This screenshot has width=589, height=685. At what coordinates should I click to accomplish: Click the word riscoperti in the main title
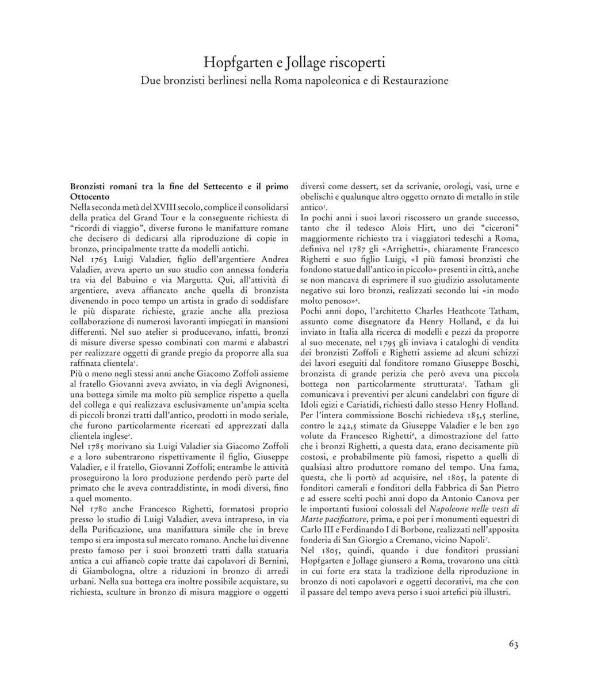tap(352, 62)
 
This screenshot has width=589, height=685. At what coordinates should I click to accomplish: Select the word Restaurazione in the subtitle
tap(413, 81)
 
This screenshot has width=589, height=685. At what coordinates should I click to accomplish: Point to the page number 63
tap(514, 644)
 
